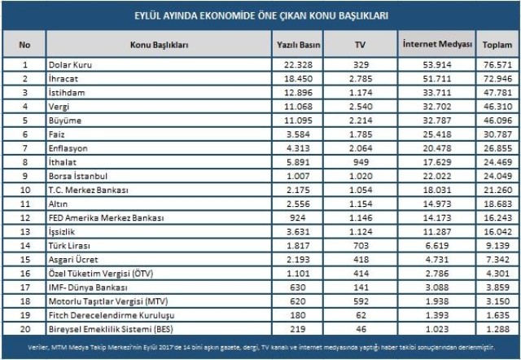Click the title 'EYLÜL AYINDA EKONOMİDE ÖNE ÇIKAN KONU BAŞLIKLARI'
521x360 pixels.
(x=260, y=15)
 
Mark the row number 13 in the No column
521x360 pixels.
(x=25, y=231)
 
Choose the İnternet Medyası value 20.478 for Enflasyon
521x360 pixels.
(x=438, y=147)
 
